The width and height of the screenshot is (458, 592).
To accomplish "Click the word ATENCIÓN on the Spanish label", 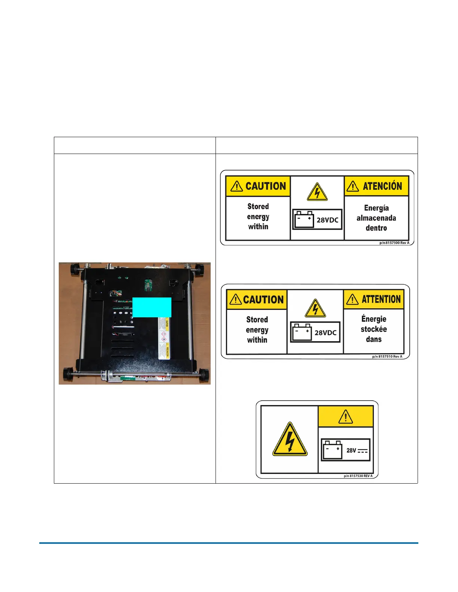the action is pyautogui.click(x=382, y=186).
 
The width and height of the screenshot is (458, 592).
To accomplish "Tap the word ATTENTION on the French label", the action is pyautogui.click(x=381, y=299).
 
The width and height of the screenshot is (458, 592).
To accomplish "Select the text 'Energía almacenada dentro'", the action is pyautogui.click(x=376, y=218).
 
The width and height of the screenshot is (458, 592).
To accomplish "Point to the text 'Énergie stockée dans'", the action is pyautogui.click(x=374, y=329).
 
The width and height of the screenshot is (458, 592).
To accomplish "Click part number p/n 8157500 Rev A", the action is pyautogui.click(x=394, y=243).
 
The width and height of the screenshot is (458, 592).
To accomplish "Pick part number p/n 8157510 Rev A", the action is pyautogui.click(x=387, y=357).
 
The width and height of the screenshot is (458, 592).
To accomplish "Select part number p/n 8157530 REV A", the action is pyautogui.click(x=358, y=476).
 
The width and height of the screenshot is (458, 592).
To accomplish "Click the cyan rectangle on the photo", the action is pyautogui.click(x=152, y=307).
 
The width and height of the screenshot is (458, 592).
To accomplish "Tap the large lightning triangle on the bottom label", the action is pyautogui.click(x=290, y=440).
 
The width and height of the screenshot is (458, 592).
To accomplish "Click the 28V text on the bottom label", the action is pyautogui.click(x=351, y=451).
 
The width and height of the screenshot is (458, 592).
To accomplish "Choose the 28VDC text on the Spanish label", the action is pyautogui.click(x=327, y=220).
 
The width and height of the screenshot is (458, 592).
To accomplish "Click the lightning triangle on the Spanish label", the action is pyautogui.click(x=317, y=192).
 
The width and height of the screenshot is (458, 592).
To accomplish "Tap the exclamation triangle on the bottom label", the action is pyautogui.click(x=345, y=417).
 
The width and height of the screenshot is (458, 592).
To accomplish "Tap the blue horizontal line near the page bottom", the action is pyautogui.click(x=229, y=543).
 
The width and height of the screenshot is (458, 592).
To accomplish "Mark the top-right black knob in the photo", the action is pyautogui.click(x=198, y=268).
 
